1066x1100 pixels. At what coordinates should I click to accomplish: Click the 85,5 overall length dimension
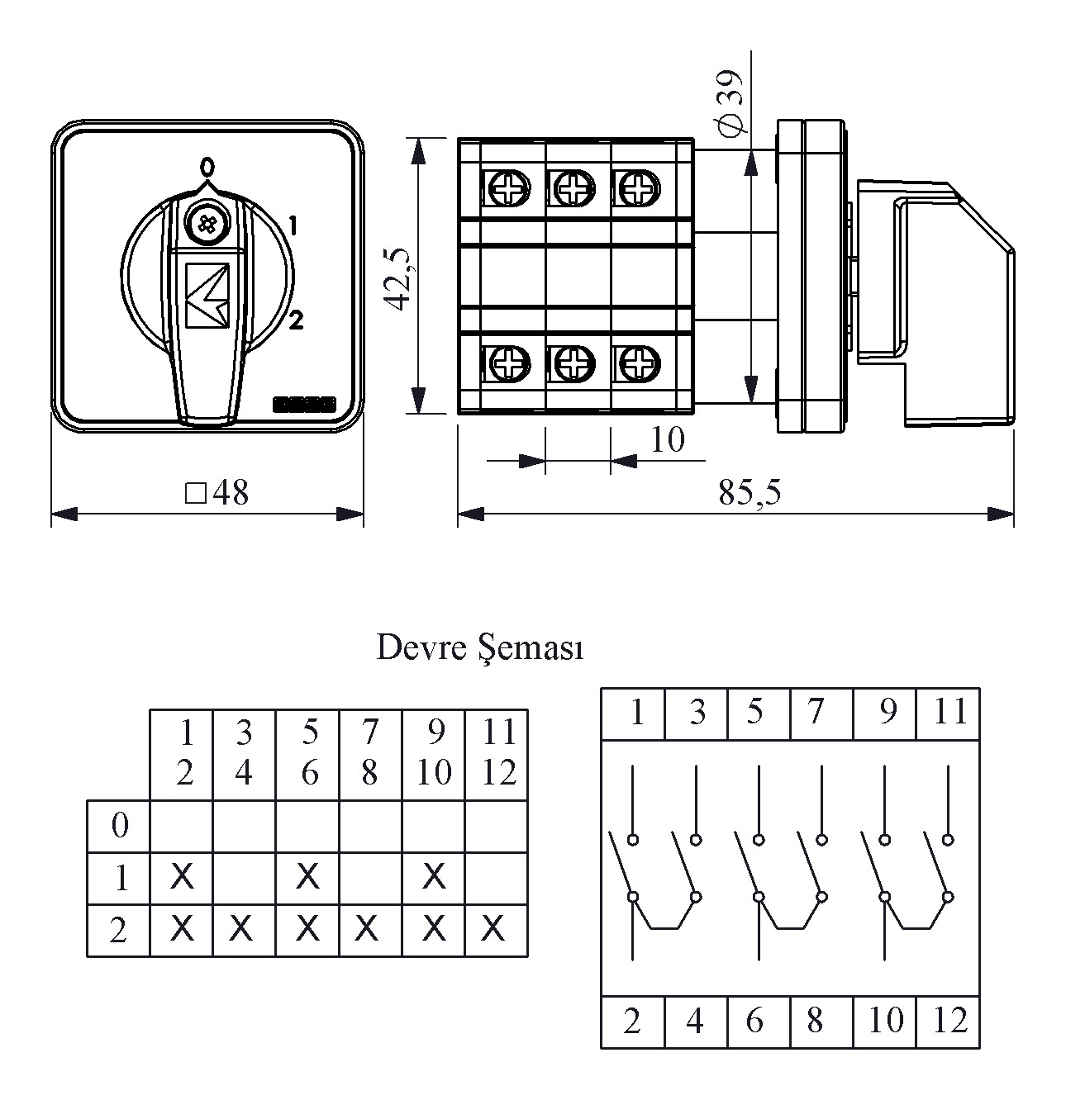[749, 493]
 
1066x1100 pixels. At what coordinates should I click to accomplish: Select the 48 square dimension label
[218, 493]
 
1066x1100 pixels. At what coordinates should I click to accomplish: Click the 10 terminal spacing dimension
[668, 440]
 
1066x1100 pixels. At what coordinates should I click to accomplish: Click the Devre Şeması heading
[480, 648]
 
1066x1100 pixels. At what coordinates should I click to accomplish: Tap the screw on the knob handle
[203, 222]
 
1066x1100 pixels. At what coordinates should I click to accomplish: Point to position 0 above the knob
[207, 167]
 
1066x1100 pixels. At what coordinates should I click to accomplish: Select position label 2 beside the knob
[296, 320]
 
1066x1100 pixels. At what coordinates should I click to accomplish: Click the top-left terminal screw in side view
[503, 188]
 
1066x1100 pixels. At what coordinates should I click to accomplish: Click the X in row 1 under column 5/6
[307, 876]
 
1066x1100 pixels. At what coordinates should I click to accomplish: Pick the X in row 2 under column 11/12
[493, 930]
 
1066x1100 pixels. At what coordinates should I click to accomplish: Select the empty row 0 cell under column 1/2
[182, 824]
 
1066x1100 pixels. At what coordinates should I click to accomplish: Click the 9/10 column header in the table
[434, 752]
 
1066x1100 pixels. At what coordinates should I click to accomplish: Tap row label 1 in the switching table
[120, 877]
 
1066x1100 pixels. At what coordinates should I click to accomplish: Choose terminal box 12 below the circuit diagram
[949, 1022]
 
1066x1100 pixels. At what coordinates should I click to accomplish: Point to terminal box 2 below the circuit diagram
[632, 1022]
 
